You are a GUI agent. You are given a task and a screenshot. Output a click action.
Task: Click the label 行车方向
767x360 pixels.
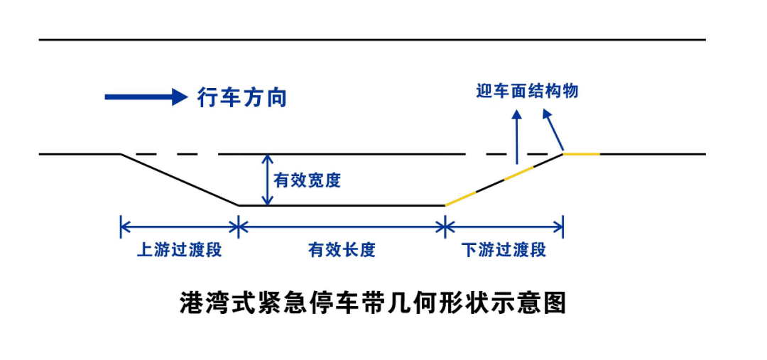pyautogui.click(x=241, y=97)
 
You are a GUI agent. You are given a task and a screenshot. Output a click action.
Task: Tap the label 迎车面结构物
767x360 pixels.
pyautogui.click(x=528, y=91)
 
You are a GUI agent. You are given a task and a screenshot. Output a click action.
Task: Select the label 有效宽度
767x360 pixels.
pyautogui.click(x=307, y=180)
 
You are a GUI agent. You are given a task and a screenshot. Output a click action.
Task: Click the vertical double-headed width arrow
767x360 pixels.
pyautogui.click(x=268, y=180)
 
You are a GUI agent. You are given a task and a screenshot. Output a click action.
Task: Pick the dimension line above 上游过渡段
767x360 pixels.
pyautogui.click(x=180, y=227)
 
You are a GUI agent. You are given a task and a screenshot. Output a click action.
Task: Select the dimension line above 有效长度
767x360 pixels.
pyautogui.click(x=342, y=227)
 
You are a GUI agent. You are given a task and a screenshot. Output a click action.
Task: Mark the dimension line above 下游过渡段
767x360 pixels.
pyautogui.click(x=504, y=227)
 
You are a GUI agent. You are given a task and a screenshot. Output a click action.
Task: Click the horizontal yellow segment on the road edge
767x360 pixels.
pyautogui.click(x=582, y=153)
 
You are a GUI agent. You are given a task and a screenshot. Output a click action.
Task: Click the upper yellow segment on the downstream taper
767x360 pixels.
pyautogui.click(x=518, y=174)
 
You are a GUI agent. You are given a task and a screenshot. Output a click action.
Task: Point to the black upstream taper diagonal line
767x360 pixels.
pyautogui.click(x=180, y=180)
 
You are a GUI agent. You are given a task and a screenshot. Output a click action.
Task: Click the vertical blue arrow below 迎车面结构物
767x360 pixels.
pyautogui.click(x=516, y=136)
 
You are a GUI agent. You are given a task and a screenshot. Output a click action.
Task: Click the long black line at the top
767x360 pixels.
pyautogui.click(x=372, y=40)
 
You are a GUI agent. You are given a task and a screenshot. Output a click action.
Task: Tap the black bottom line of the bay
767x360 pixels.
pyautogui.click(x=342, y=205)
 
